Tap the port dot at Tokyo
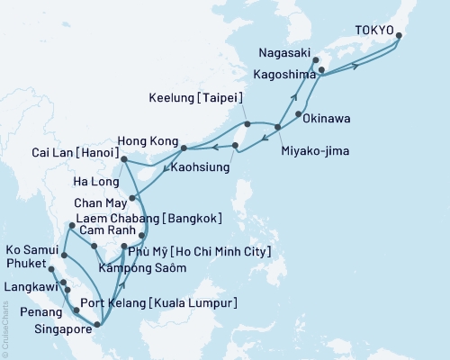tap(399, 36)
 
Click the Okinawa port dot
tap(298, 115)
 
